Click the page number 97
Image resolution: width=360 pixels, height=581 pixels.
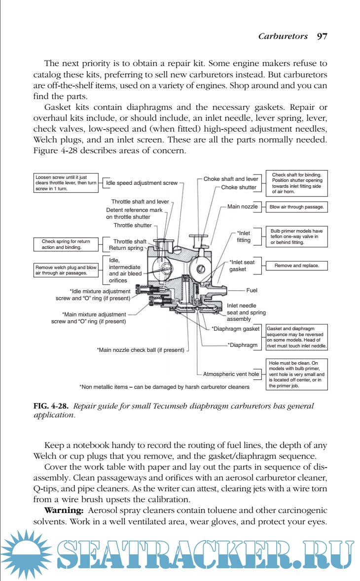click(322, 36)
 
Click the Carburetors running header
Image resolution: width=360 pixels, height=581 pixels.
click(283, 36)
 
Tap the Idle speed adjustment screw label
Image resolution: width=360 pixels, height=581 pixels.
click(142, 183)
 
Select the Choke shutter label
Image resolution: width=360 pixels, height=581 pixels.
click(239, 187)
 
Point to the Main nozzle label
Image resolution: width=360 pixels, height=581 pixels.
click(242, 206)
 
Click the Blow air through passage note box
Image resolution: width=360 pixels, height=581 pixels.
click(297, 207)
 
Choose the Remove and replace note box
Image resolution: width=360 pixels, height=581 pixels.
click(297, 266)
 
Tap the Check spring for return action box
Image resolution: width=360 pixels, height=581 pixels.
click(66, 244)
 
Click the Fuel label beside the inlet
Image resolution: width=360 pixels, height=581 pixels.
click(252, 290)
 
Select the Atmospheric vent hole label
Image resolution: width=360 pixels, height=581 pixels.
click(231, 374)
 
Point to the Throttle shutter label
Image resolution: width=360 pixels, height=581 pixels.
click(133, 225)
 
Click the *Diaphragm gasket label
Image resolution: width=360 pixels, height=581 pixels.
click(235, 329)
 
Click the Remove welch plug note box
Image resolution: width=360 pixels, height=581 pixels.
click(66, 270)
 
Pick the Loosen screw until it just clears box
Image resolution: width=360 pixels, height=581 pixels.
click(66, 182)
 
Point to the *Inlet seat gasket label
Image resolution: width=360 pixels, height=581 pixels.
click(242, 266)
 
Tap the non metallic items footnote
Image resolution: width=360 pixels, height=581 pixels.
click(164, 387)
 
